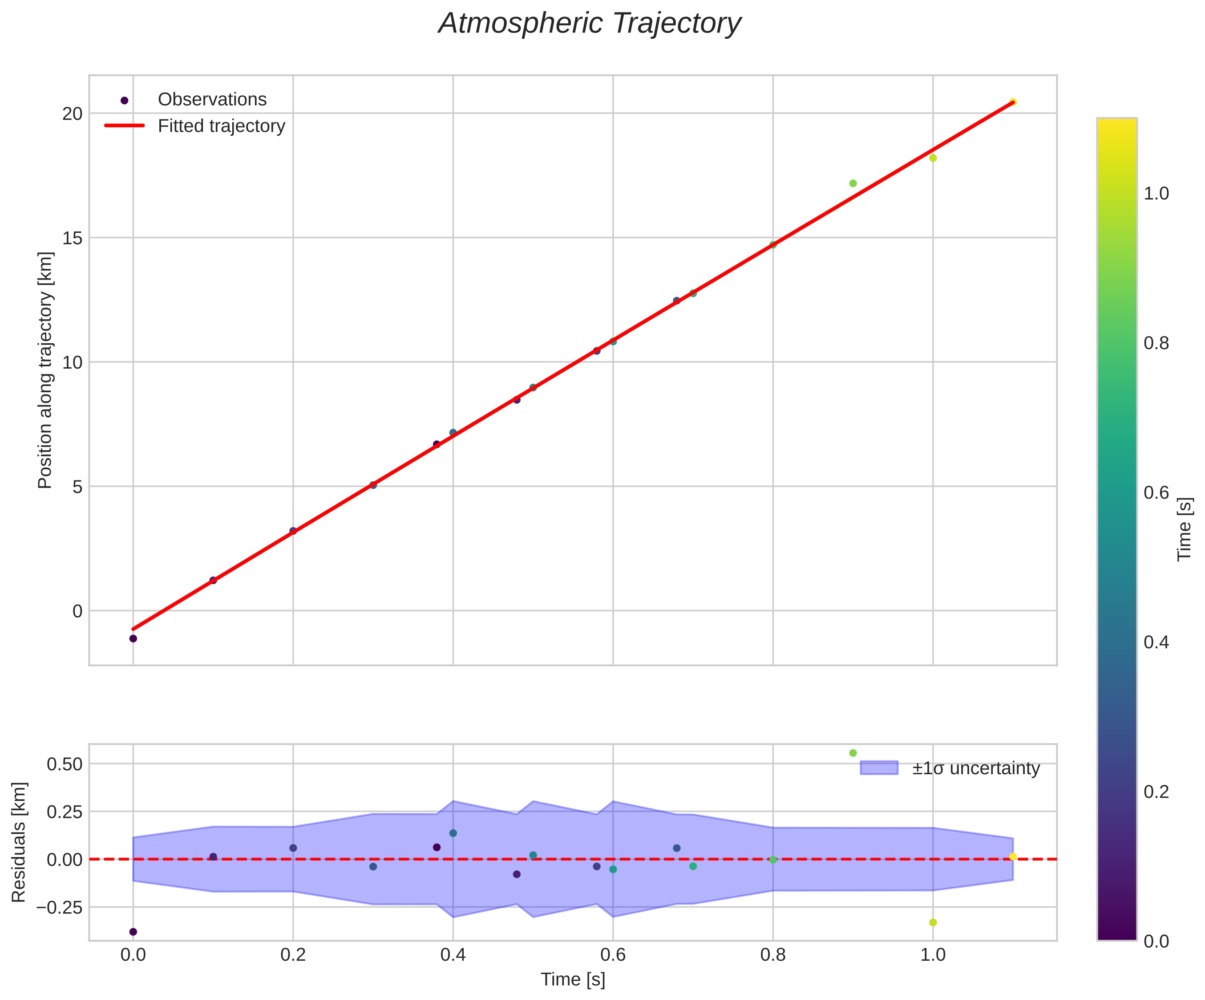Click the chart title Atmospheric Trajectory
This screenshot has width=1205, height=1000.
coord(590,24)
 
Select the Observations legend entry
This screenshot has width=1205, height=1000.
coord(212,100)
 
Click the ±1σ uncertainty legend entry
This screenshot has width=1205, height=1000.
coord(975,768)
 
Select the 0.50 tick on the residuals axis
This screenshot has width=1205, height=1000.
coord(64,764)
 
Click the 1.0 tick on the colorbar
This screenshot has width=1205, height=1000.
coord(1156,194)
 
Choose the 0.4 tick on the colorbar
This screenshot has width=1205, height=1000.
coord(1156,642)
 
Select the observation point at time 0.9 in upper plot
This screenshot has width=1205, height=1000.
coord(853,183)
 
